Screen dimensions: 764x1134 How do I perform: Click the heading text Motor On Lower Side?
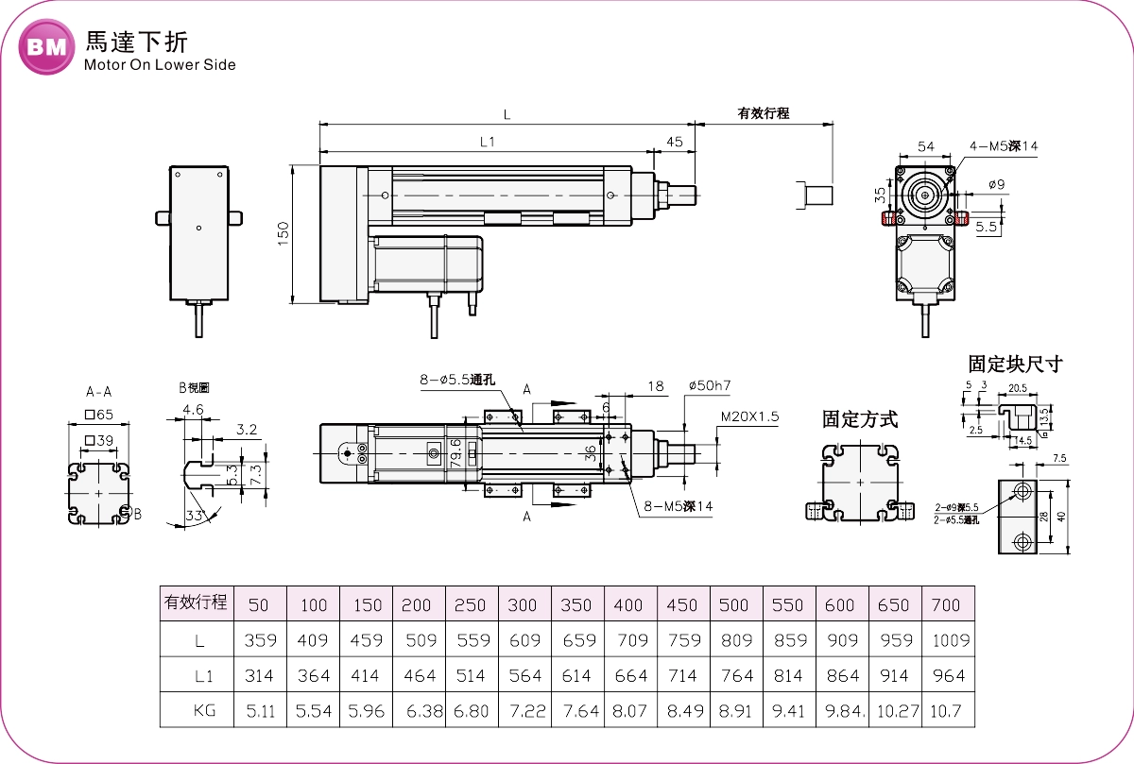point(160,65)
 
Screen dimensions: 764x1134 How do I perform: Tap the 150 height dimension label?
point(283,234)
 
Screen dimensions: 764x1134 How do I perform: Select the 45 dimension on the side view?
point(674,142)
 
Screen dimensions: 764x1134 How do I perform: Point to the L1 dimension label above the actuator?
point(488,142)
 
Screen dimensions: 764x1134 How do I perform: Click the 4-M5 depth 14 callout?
point(1003,146)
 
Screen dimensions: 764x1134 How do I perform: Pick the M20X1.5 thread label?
point(750,416)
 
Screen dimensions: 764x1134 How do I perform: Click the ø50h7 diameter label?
point(710,385)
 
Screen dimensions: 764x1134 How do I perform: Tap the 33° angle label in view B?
point(196,516)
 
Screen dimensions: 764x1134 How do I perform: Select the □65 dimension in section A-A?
point(98,415)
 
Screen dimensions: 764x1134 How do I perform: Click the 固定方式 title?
point(859,419)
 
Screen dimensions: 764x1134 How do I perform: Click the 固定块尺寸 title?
point(1015,364)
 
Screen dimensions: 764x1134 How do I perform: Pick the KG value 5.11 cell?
point(260,710)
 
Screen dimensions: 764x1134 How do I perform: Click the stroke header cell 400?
point(627,605)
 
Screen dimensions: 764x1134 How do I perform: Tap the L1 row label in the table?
point(198,675)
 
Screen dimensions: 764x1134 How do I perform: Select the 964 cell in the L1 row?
point(948,675)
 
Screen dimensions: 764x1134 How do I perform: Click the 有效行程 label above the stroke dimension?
point(763,113)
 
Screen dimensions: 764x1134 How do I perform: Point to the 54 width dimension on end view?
point(926,146)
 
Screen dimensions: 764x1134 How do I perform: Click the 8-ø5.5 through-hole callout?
point(457,381)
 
